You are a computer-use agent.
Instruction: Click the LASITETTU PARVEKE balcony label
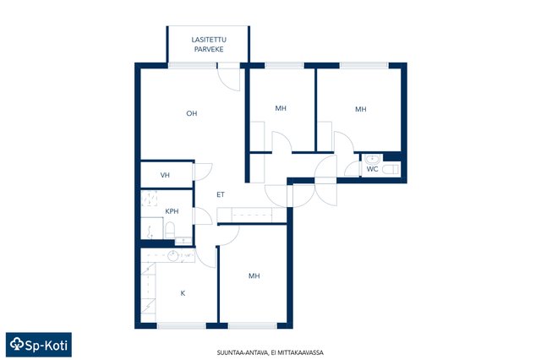point(209,45)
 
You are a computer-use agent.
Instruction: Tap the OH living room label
point(192,113)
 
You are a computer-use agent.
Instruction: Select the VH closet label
point(165,175)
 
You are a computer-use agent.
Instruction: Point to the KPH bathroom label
point(172,211)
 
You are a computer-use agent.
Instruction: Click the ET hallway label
point(221,194)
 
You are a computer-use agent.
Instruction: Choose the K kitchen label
point(183,293)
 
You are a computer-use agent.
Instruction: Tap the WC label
point(372,169)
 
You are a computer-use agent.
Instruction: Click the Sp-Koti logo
point(39,345)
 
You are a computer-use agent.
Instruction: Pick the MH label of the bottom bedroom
point(254,275)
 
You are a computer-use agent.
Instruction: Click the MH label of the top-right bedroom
point(361,109)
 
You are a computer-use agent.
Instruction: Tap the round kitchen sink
point(172,256)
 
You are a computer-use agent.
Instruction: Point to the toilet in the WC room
point(391,169)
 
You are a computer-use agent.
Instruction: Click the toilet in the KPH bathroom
point(170,230)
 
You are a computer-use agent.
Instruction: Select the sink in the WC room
point(372,160)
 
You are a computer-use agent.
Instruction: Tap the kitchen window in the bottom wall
point(182,326)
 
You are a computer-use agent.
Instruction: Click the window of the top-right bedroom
point(364,66)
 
